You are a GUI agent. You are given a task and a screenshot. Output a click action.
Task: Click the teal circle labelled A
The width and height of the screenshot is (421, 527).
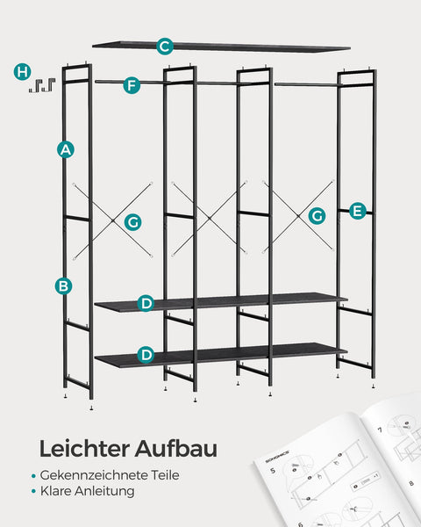coord(64,149)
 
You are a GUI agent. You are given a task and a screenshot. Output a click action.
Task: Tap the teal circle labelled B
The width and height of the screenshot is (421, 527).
coord(64,285)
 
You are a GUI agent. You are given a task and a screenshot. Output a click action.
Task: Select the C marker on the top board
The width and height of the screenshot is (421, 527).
coord(165,47)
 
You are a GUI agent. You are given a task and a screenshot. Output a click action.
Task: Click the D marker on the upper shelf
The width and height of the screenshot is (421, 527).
coord(146,304)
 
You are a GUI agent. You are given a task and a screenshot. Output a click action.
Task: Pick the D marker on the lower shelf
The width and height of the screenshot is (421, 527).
coord(146,355)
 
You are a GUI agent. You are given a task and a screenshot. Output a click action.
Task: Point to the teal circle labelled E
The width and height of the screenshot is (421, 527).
coord(357,211)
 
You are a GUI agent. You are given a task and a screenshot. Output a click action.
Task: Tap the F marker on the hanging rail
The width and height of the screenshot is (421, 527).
coord(132,85)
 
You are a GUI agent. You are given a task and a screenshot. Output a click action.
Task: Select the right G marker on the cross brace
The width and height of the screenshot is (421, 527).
coord(318,215)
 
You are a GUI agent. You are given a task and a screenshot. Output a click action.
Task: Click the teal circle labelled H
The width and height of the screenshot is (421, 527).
coord(23,71)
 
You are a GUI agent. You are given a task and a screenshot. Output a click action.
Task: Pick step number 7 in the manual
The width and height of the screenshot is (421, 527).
coord(380,431)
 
